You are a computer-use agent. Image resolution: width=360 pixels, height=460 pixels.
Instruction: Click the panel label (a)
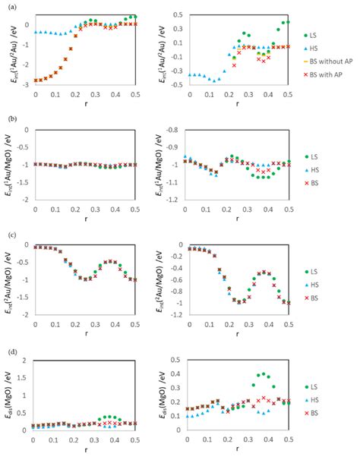pyautogui.click(x=8, y=6)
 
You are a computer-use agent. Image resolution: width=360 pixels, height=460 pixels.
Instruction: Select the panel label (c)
pyautogui.click(x=8, y=234)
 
